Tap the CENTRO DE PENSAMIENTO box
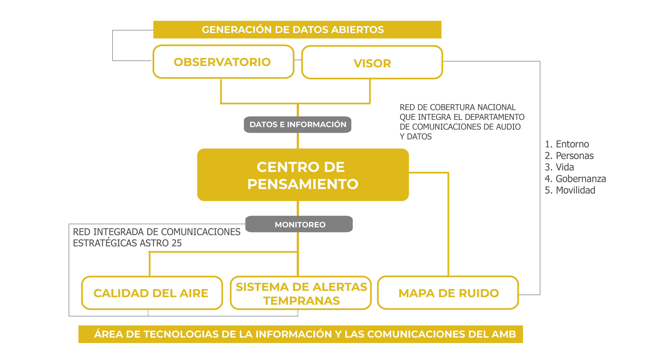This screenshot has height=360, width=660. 303,175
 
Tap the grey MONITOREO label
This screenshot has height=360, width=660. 299,224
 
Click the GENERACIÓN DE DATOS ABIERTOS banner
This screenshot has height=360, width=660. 297,30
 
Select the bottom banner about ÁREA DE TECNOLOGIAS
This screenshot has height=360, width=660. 301,334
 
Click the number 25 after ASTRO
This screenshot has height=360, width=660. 177,243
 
